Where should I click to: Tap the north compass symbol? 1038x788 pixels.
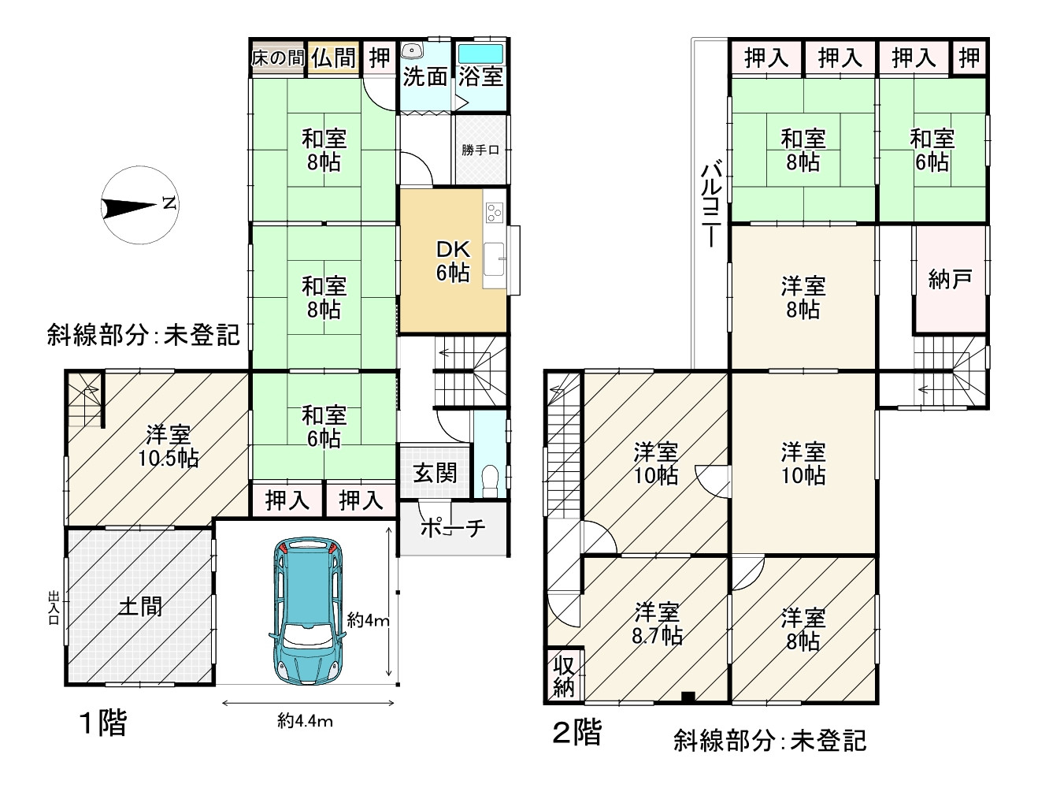tap(139, 206)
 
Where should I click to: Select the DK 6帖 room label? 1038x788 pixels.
tap(453, 261)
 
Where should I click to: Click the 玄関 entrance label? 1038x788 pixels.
tap(435, 473)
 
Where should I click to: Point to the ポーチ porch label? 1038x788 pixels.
tap(452, 528)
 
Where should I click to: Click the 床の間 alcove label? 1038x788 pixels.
tap(277, 58)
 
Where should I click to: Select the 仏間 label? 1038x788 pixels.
tap(334, 58)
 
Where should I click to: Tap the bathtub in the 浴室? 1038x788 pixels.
tap(480, 54)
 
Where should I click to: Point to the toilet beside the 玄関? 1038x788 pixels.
tap(491, 478)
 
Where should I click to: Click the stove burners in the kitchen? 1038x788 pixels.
tap(495, 212)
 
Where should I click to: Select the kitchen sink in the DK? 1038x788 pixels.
tap(494, 259)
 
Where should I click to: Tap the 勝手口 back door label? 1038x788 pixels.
tap(480, 150)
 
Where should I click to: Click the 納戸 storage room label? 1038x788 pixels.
tap(950, 278)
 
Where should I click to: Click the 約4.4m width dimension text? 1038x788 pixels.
tap(305, 720)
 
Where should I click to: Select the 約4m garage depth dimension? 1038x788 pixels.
tap(368, 620)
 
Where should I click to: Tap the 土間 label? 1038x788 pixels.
tap(140, 605)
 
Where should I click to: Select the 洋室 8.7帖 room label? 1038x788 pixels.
tap(657, 624)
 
